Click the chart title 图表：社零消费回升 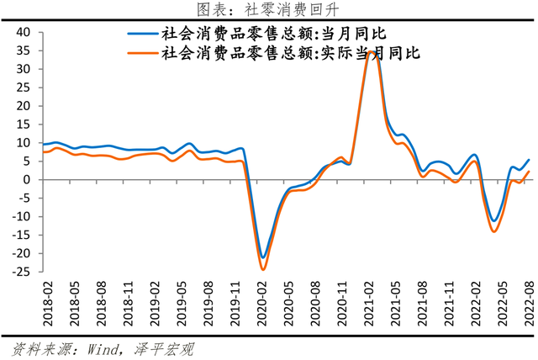tap(268, 10)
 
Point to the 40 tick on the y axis tap(23, 32)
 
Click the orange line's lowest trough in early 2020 tap(263, 269)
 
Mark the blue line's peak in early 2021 tap(371, 51)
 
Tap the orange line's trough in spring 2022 tap(494, 231)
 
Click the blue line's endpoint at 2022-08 tap(529, 160)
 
